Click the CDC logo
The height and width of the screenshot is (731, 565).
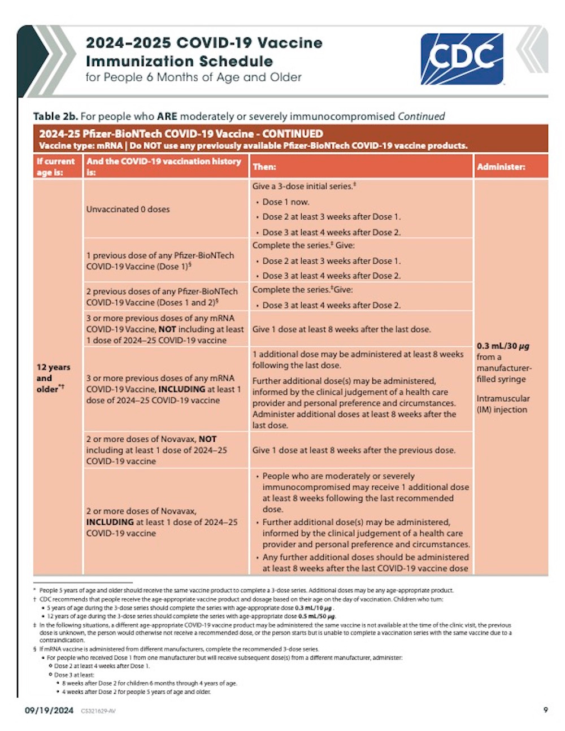[x=462, y=58]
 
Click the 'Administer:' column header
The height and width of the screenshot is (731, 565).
[x=501, y=167]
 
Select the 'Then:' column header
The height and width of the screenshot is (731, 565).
[x=264, y=167]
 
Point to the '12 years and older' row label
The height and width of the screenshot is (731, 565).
[x=53, y=378]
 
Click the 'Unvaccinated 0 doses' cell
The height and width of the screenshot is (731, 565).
[x=128, y=209]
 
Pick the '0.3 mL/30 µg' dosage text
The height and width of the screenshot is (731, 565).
[x=503, y=346]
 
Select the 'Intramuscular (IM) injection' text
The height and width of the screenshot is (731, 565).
[x=503, y=404]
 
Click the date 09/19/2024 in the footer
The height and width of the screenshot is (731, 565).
[x=49, y=710]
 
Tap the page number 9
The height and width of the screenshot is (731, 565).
[x=545, y=710]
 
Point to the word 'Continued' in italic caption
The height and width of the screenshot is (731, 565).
[x=421, y=116]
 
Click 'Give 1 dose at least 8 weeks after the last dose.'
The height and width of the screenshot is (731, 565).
[x=341, y=329]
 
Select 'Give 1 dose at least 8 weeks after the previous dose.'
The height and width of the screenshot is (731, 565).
[x=354, y=450]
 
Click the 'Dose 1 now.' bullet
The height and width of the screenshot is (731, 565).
[x=285, y=202]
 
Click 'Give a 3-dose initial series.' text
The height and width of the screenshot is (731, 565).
[x=303, y=186]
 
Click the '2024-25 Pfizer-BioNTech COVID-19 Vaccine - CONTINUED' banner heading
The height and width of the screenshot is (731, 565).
[x=181, y=134]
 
